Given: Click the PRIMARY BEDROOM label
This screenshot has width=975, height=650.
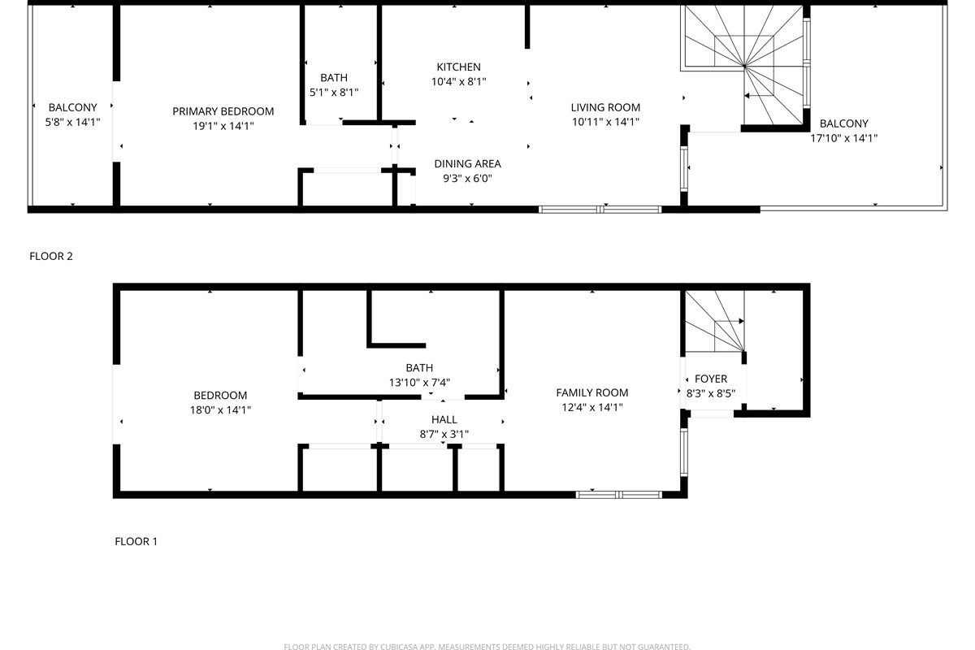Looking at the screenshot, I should click(x=223, y=111).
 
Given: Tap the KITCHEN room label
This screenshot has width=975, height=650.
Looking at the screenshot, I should click(x=458, y=67).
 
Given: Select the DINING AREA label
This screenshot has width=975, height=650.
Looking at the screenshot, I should click(x=467, y=164).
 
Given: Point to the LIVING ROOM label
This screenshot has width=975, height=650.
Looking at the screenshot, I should click(x=605, y=107).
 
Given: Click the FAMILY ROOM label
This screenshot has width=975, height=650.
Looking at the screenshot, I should click(x=591, y=393).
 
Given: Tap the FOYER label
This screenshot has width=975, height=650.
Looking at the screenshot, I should click(x=711, y=379).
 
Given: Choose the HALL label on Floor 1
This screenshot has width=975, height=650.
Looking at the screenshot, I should click(x=444, y=420).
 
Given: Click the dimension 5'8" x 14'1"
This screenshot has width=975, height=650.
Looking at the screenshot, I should click(x=72, y=123).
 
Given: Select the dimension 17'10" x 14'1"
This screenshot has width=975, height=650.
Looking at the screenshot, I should click(x=843, y=138).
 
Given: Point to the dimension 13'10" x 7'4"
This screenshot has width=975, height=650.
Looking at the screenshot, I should click(x=419, y=383).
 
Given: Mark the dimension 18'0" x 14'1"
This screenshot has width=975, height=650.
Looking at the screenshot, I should click(x=220, y=410).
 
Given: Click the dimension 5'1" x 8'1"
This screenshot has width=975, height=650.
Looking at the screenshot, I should click(x=333, y=93).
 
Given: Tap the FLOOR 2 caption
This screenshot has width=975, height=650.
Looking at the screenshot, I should click(x=51, y=257).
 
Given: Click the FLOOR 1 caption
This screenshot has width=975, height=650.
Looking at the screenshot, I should click(x=136, y=541).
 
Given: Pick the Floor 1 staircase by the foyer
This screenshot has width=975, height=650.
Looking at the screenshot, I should click(x=713, y=323).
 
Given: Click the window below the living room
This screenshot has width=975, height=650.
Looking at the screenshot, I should click(x=600, y=210).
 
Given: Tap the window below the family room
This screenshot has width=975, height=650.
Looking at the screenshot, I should click(x=619, y=494).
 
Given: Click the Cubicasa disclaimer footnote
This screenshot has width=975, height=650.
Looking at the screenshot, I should click(x=487, y=647).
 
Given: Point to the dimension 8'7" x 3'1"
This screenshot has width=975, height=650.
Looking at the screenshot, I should click(x=444, y=435).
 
